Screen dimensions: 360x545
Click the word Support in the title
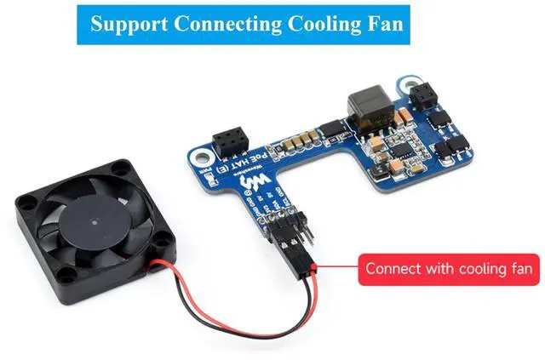point(129,23)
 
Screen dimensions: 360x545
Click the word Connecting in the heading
point(225,23)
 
